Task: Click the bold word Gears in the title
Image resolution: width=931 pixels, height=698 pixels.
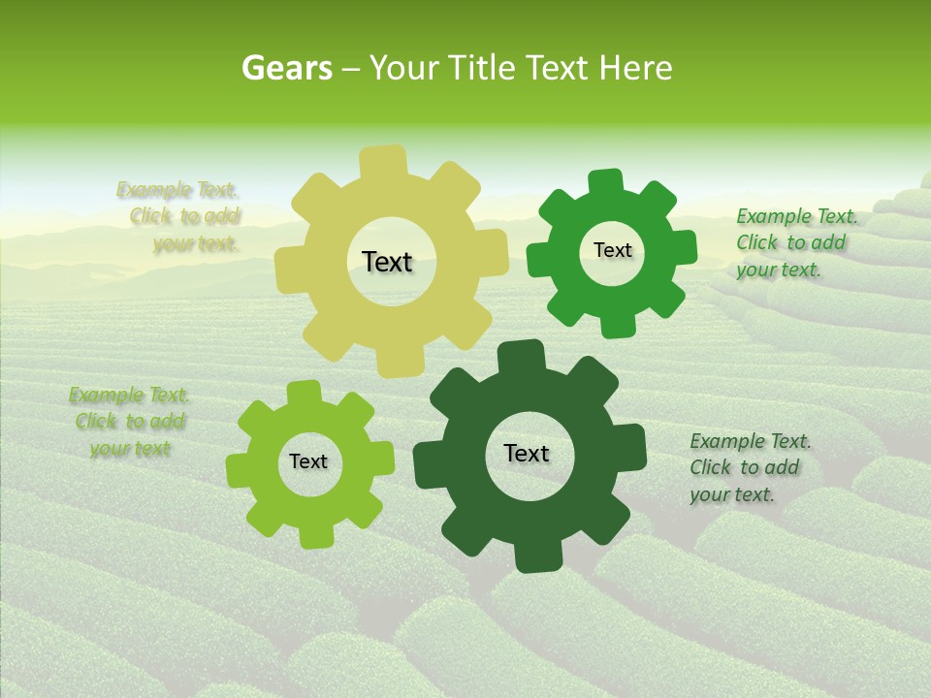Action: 286,68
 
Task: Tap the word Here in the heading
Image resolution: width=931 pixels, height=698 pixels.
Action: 636,68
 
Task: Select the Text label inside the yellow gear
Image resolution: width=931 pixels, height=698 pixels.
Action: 387,262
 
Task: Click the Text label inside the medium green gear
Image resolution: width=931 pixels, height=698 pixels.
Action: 612,250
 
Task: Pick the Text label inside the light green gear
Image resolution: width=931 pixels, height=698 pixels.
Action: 308,461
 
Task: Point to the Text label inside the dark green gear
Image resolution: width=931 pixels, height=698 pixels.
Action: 527,453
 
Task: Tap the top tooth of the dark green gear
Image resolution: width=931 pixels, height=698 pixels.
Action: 521,355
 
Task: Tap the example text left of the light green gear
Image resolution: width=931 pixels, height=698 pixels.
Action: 129,422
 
